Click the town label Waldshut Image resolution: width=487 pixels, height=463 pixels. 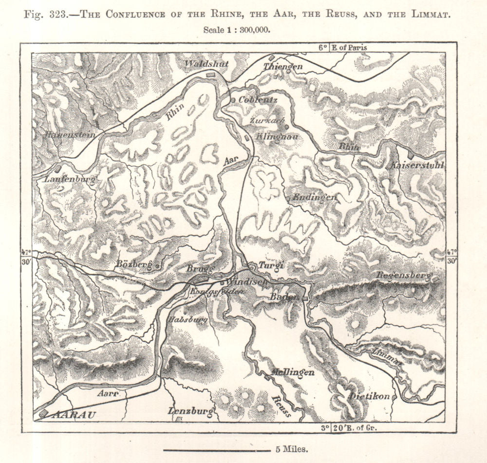[x=200, y=64]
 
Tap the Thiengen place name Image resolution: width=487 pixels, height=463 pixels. [x=283, y=66]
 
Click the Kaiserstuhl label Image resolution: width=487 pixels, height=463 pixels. [x=417, y=166]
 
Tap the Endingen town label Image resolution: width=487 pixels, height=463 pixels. [x=314, y=197]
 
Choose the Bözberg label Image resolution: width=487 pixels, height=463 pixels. [x=133, y=264]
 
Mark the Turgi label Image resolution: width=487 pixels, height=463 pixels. [x=272, y=265]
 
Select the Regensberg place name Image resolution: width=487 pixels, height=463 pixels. [x=404, y=276]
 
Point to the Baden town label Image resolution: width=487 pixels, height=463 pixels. [x=283, y=296]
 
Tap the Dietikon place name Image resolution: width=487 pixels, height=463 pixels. [x=369, y=396]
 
